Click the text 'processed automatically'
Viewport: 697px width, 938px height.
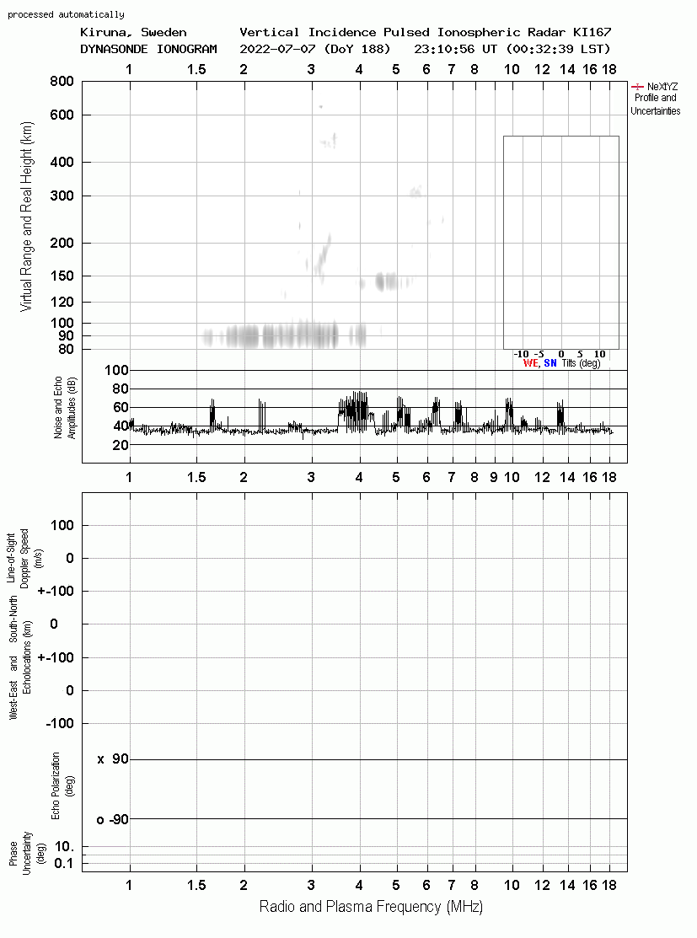(x=66, y=14)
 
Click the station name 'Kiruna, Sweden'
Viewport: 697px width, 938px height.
(x=133, y=32)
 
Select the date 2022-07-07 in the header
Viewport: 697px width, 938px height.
(x=277, y=49)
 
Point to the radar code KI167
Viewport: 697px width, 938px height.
(x=592, y=32)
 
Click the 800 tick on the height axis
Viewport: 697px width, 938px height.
(x=62, y=82)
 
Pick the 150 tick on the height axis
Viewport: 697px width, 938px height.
(x=62, y=276)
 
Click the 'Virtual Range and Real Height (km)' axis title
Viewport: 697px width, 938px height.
(x=27, y=217)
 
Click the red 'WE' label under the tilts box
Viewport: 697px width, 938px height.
(x=531, y=363)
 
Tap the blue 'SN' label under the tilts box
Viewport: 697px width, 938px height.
(x=550, y=363)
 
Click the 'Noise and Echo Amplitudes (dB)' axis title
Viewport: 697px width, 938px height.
(x=65, y=408)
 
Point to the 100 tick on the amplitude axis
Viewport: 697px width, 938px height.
(x=116, y=370)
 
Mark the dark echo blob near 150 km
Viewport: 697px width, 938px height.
(x=386, y=281)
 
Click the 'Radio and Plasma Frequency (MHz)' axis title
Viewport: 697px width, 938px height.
(x=371, y=907)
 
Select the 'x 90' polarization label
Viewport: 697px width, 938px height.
(x=113, y=759)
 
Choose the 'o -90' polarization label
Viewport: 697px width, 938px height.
(x=112, y=819)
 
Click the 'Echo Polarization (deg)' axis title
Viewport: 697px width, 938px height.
(x=63, y=786)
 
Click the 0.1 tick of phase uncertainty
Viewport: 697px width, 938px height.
(x=63, y=863)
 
